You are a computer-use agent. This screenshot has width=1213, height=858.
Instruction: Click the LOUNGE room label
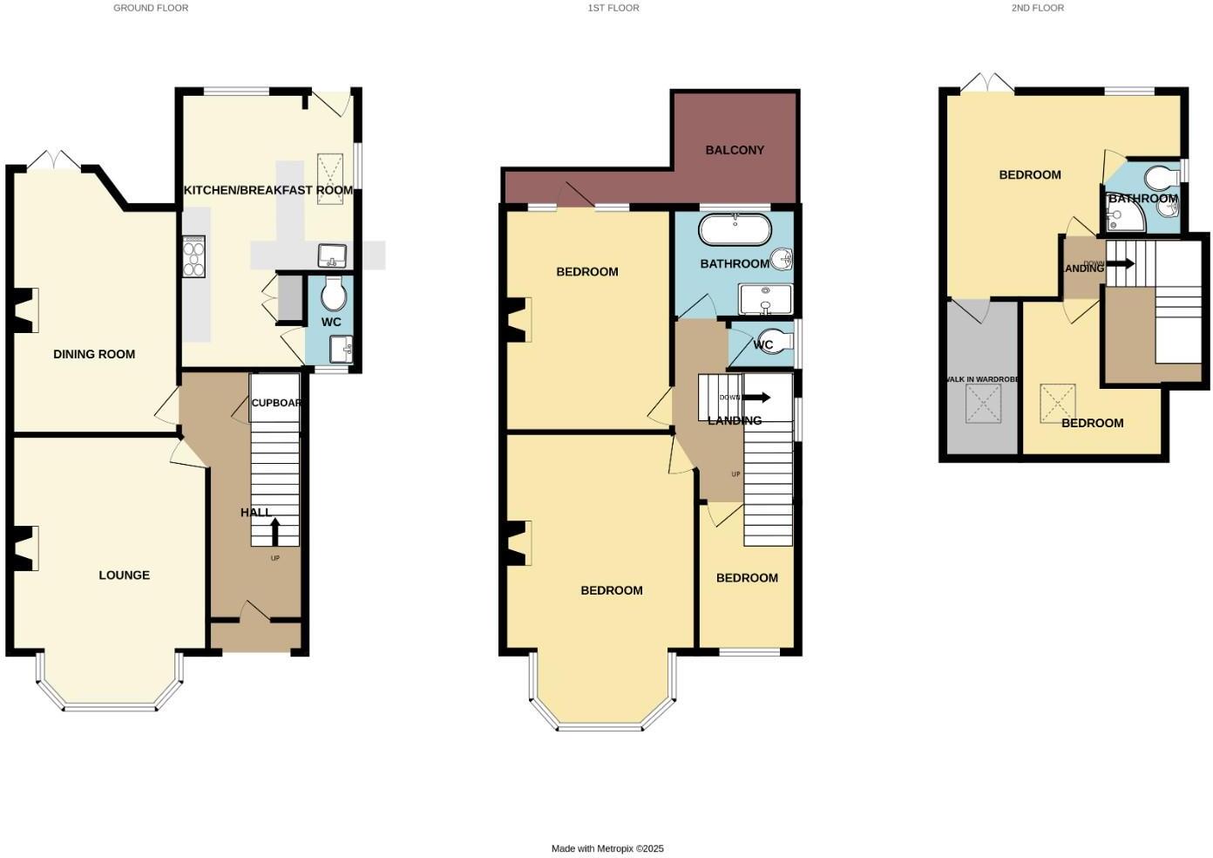click(x=124, y=575)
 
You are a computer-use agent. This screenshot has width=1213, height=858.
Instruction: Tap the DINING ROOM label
click(x=94, y=354)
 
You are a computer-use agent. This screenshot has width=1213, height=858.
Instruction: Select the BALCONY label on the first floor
click(x=735, y=150)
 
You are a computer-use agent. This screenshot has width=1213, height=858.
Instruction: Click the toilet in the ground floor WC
click(x=333, y=294)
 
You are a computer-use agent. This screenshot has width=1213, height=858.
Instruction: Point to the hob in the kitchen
click(x=193, y=256)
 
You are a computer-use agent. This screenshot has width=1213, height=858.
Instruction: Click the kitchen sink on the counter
click(x=332, y=256)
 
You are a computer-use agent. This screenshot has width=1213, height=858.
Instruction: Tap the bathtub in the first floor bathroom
click(x=735, y=230)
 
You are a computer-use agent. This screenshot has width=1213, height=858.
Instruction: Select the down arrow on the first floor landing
click(x=756, y=398)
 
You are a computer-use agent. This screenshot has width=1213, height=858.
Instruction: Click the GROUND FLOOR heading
click(x=151, y=8)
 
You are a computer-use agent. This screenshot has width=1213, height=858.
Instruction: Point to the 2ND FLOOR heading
click(x=1037, y=8)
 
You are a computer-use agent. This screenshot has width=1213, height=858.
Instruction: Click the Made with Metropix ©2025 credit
click(x=607, y=848)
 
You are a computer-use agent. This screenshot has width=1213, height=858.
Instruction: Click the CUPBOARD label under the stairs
click(x=275, y=403)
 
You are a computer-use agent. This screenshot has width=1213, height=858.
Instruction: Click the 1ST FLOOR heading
click(x=613, y=8)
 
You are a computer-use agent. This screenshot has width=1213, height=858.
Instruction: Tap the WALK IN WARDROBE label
click(x=982, y=379)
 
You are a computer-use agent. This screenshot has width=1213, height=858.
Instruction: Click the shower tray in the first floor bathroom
click(x=765, y=299)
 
